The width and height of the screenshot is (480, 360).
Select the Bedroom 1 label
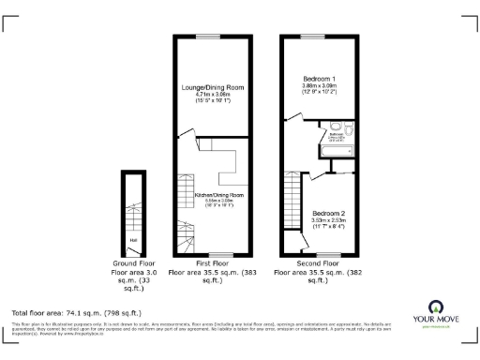pos(320,79)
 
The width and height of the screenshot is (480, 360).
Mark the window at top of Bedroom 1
pos(319,37)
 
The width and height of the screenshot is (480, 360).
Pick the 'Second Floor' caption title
pos(319,264)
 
